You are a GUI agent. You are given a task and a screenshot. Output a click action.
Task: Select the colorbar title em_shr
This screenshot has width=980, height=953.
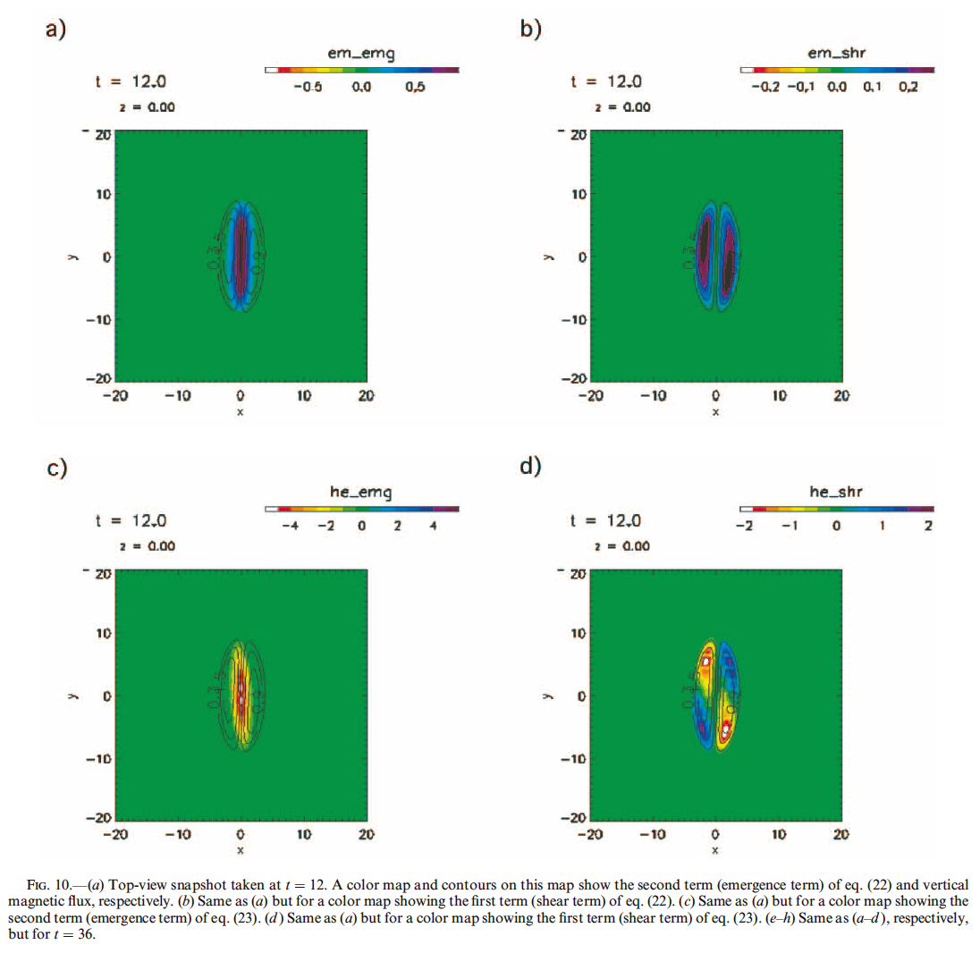pyautogui.click(x=836, y=54)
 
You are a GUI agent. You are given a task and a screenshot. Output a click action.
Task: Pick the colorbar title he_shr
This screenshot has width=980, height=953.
pyautogui.click(x=836, y=492)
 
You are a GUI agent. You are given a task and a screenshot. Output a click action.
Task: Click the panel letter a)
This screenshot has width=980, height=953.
pyautogui.click(x=55, y=29)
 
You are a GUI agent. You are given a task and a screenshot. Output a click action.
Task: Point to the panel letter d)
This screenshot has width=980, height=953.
pyautogui.click(x=530, y=467)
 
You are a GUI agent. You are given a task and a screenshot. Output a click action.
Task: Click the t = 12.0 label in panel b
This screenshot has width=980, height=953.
pyautogui.click(x=605, y=81)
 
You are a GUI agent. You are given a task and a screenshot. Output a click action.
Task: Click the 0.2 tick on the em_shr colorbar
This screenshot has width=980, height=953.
pyautogui.click(x=908, y=88)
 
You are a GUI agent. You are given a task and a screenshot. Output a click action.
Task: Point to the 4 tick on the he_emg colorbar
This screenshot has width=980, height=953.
pyautogui.click(x=432, y=526)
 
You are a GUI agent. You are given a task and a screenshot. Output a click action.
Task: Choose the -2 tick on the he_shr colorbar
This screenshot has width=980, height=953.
pyautogui.click(x=743, y=526)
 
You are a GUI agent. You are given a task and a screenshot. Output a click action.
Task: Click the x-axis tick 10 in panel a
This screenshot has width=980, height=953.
pyautogui.click(x=303, y=396)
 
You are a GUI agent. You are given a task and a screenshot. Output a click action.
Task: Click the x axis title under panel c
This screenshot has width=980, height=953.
pyautogui.click(x=241, y=850)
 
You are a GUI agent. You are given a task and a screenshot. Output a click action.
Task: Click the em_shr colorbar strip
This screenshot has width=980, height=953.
pyautogui.click(x=837, y=69)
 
